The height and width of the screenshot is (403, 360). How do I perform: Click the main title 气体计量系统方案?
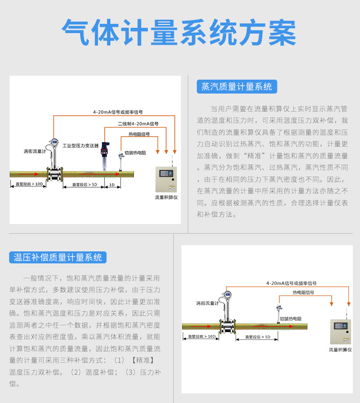(x=180, y=33)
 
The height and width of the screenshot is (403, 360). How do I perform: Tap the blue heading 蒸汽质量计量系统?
(x=237, y=87)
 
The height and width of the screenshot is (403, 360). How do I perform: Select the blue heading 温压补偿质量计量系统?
(x=58, y=258)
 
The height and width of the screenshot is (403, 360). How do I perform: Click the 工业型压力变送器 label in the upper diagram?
(x=80, y=145)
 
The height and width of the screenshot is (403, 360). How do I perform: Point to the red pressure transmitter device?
(x=103, y=151)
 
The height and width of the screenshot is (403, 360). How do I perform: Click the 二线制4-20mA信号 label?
(x=138, y=124)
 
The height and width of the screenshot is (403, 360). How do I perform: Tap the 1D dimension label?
(x=112, y=185)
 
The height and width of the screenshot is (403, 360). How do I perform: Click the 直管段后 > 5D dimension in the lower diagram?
(x=258, y=337)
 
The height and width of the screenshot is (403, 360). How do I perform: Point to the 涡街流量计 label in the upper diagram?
(x=35, y=151)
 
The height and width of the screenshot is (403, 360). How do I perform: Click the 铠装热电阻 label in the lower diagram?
(x=290, y=319)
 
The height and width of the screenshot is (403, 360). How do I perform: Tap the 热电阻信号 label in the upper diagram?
(x=139, y=134)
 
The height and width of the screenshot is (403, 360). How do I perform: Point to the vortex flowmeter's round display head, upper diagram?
(x=54, y=142)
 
